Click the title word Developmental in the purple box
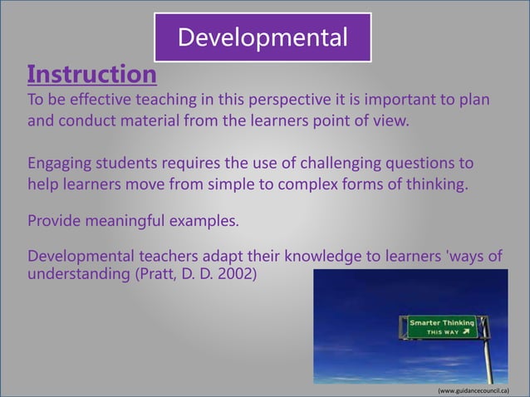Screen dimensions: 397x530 263,37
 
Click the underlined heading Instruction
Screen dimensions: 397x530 91,75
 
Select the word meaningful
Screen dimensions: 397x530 131,222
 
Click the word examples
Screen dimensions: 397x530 213,222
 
